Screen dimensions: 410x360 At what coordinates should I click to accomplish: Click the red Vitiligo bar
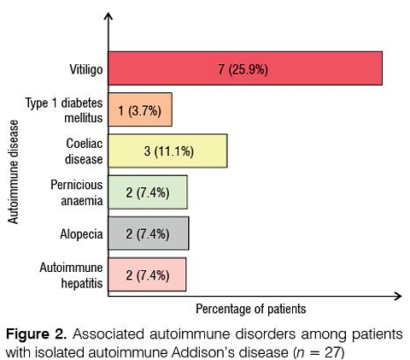click(245, 68)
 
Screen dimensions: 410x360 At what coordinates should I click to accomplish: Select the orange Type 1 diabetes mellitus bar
click(140, 109)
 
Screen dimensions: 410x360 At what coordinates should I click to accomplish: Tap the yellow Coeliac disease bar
click(167, 150)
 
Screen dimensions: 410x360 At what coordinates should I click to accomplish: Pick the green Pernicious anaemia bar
click(148, 192)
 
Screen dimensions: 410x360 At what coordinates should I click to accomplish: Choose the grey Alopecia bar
click(149, 233)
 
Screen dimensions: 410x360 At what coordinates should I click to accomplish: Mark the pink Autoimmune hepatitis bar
click(147, 274)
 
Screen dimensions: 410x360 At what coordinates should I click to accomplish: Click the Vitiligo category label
click(86, 69)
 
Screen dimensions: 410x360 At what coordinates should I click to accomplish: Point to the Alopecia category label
click(81, 234)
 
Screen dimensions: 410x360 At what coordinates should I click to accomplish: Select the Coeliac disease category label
click(84, 151)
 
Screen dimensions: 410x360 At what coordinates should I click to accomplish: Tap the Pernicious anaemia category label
click(77, 192)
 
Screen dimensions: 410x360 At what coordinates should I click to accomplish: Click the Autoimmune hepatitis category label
click(71, 275)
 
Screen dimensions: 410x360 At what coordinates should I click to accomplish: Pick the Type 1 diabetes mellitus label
click(64, 110)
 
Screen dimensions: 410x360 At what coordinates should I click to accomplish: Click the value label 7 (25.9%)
click(243, 69)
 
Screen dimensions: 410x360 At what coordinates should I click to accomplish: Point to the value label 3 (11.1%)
click(169, 151)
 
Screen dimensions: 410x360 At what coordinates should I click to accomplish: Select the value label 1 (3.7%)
click(139, 110)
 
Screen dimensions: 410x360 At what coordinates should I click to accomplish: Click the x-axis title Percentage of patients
click(251, 309)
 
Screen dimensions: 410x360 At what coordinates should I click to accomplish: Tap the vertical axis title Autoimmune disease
click(13, 172)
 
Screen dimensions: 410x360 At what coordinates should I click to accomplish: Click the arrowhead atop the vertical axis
click(108, 16)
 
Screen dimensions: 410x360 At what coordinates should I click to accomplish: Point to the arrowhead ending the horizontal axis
click(398, 296)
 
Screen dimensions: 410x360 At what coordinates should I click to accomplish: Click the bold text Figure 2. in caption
click(36, 334)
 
